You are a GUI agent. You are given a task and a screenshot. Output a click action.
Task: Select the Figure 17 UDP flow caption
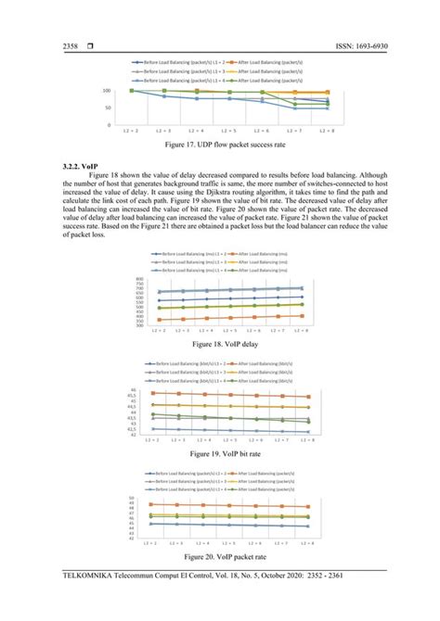click(x=220, y=146)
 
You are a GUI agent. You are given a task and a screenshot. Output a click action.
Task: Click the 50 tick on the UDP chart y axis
click(x=109, y=108)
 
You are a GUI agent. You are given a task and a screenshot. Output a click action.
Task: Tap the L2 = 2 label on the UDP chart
click(x=132, y=133)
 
